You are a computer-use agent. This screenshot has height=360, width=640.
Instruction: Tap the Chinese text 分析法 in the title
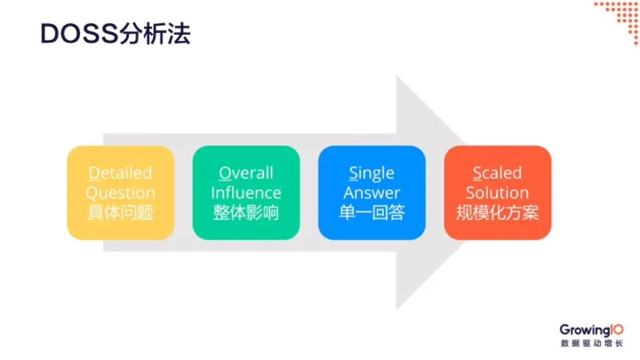pyautogui.click(x=155, y=34)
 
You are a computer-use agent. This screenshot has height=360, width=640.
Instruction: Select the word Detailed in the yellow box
pyautogui.click(x=120, y=173)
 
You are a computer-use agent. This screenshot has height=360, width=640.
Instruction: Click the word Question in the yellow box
pyautogui.click(x=120, y=193)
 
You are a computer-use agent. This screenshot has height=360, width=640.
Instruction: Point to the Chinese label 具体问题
pyautogui.click(x=120, y=213)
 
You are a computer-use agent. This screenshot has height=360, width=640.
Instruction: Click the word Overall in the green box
pyautogui.click(x=246, y=173)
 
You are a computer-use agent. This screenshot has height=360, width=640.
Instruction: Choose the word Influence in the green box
pyautogui.click(x=246, y=193)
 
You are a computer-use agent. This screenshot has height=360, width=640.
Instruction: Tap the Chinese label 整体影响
pyautogui.click(x=246, y=213)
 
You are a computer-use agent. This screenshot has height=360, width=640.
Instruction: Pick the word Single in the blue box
pyautogui.click(x=371, y=173)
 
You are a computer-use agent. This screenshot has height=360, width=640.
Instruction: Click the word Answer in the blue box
pyautogui.click(x=371, y=193)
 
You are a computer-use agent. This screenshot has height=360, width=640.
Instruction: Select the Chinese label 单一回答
pyautogui.click(x=371, y=213)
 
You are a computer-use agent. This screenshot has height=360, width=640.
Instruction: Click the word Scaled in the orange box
pyautogui.click(x=497, y=173)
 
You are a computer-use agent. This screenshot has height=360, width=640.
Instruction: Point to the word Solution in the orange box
pyautogui.click(x=497, y=193)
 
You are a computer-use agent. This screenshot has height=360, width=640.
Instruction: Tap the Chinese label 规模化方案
pyautogui.click(x=497, y=213)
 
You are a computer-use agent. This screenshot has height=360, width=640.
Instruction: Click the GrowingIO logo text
pyautogui.click(x=591, y=330)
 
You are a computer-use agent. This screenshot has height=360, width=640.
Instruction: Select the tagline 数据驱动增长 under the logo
pyautogui.click(x=592, y=343)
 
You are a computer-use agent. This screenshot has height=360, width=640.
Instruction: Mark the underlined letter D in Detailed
pyautogui.click(x=93, y=173)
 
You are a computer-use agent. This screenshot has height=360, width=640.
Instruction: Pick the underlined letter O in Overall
pyautogui.click(x=224, y=173)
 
